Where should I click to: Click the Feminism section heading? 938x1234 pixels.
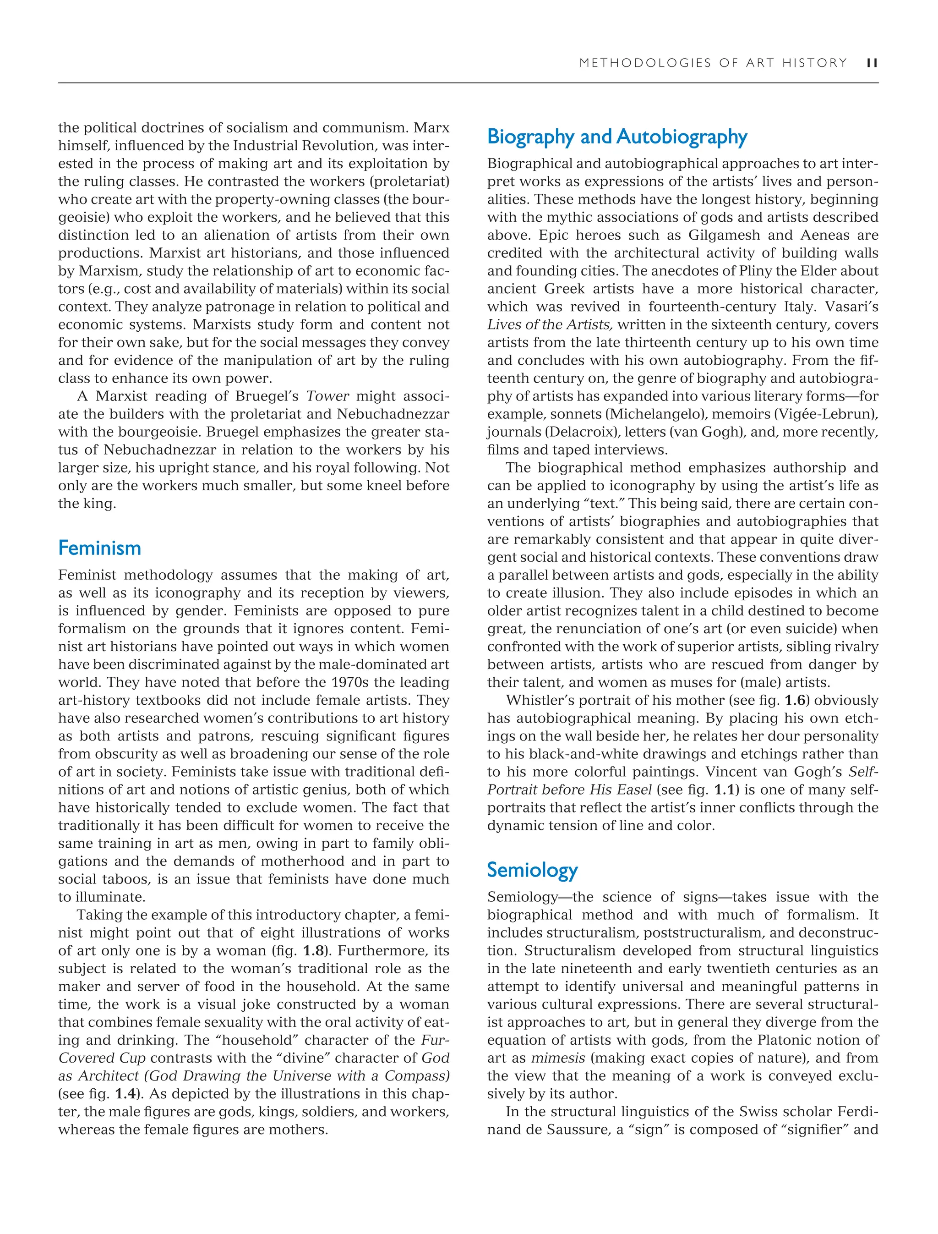[99, 548]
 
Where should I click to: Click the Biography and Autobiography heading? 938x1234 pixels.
[617, 137]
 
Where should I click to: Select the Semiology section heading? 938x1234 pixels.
[532, 870]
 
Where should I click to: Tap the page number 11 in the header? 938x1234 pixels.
[872, 63]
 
